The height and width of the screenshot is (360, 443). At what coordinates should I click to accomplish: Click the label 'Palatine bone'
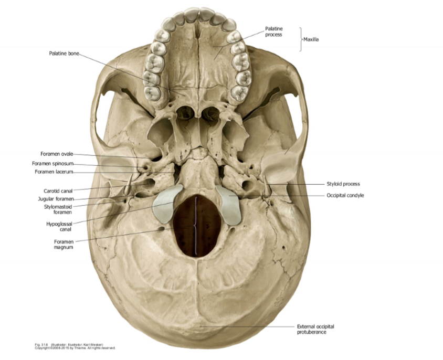click(64, 53)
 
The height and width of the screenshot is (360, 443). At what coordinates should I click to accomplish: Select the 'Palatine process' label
click(273, 31)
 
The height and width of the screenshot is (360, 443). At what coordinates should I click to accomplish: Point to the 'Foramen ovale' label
click(57, 154)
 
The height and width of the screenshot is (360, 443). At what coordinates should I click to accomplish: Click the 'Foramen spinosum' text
click(53, 163)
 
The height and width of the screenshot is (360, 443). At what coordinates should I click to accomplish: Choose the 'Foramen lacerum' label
click(54, 172)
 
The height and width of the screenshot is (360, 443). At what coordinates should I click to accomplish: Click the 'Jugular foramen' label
click(56, 199)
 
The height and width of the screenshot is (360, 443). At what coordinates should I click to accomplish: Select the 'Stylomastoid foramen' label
click(58, 209)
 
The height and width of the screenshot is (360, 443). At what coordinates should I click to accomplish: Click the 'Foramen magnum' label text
click(63, 244)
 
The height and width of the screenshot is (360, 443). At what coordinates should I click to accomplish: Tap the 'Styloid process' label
click(343, 184)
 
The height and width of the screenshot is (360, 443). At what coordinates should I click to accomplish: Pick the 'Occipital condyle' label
click(345, 195)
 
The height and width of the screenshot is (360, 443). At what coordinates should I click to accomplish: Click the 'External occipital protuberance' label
click(315, 329)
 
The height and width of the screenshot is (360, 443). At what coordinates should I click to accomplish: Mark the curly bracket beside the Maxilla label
click(301, 39)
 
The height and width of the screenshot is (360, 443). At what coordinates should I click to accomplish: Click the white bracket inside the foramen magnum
click(196, 226)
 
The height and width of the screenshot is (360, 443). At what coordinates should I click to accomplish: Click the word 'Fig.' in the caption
click(38, 344)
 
